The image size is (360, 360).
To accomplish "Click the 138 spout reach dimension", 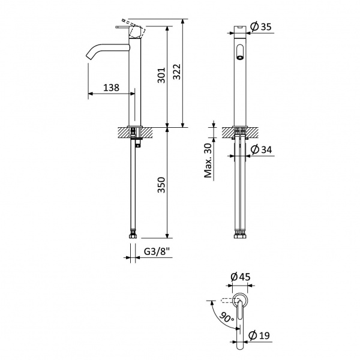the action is [x=112, y=88].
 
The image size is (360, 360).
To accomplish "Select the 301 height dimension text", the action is [x=161, y=75].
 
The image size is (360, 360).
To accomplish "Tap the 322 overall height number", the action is [x=177, y=71].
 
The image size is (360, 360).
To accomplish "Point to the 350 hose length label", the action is [x=161, y=185].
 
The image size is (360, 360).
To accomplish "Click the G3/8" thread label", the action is [x=157, y=251].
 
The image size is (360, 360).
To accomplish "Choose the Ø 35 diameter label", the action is [x=261, y=26].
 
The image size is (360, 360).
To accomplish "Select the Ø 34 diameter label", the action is [x=261, y=149].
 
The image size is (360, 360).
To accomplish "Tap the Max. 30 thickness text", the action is [x=208, y=160].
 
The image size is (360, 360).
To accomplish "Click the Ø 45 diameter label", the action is [x=241, y=277].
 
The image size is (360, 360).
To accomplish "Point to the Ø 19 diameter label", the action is [x=259, y=335].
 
